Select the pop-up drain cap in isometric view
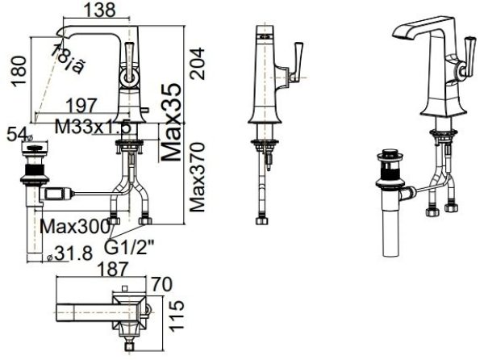pos(390,155)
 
